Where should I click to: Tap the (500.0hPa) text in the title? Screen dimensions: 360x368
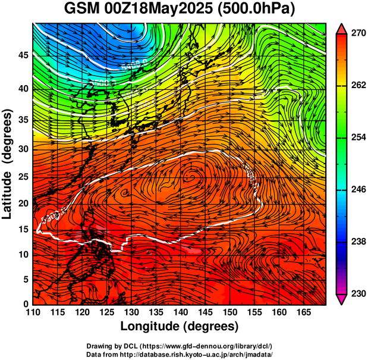tap(254, 9)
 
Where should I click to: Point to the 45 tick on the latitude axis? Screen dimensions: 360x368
tap(22, 55)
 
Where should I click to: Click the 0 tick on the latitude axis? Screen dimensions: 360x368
tap(25, 304)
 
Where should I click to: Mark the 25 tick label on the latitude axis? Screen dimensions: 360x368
tap(22, 176)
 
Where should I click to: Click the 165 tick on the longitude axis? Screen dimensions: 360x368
tap(302, 312)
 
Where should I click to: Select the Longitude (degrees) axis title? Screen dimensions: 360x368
tap(179, 326)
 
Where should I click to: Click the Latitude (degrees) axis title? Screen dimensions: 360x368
tap(8, 164)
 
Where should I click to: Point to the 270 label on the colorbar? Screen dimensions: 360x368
tap(358, 34)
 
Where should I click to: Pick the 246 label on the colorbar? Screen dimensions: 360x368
tap(358, 190)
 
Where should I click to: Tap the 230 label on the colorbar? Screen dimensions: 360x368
tap(358, 293)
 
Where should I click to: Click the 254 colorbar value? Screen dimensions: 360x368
tap(358, 137)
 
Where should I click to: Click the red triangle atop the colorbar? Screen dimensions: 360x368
tap(341, 28)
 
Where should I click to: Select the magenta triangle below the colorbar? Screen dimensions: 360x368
tap(341, 299)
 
